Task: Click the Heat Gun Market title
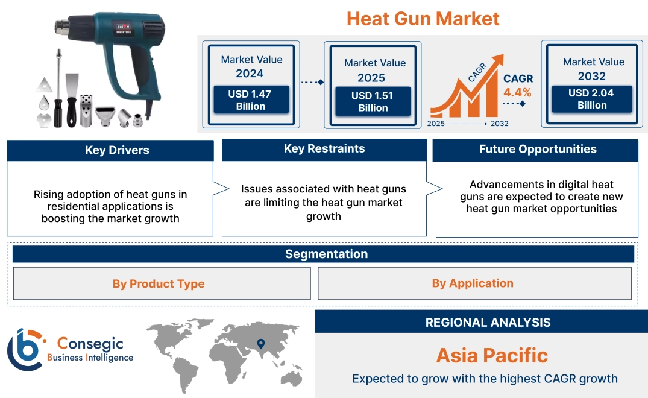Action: pyautogui.click(x=423, y=19)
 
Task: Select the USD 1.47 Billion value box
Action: pyautogui.click(x=251, y=100)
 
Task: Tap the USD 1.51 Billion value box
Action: pyautogui.click(x=373, y=101)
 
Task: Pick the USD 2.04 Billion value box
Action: pyautogui.click(x=592, y=99)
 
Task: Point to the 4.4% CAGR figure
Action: pyautogui.click(x=517, y=92)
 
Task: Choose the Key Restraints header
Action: pyautogui.click(x=324, y=149)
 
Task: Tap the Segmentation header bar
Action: pyautogui.click(x=326, y=254)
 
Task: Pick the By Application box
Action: pyautogui.click(x=473, y=283)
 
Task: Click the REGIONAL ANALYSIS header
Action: pyautogui.click(x=488, y=322)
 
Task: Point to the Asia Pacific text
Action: pyautogui.click(x=492, y=355)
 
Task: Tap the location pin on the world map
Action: pyautogui.click(x=260, y=344)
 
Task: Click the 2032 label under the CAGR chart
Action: pyautogui.click(x=499, y=124)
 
